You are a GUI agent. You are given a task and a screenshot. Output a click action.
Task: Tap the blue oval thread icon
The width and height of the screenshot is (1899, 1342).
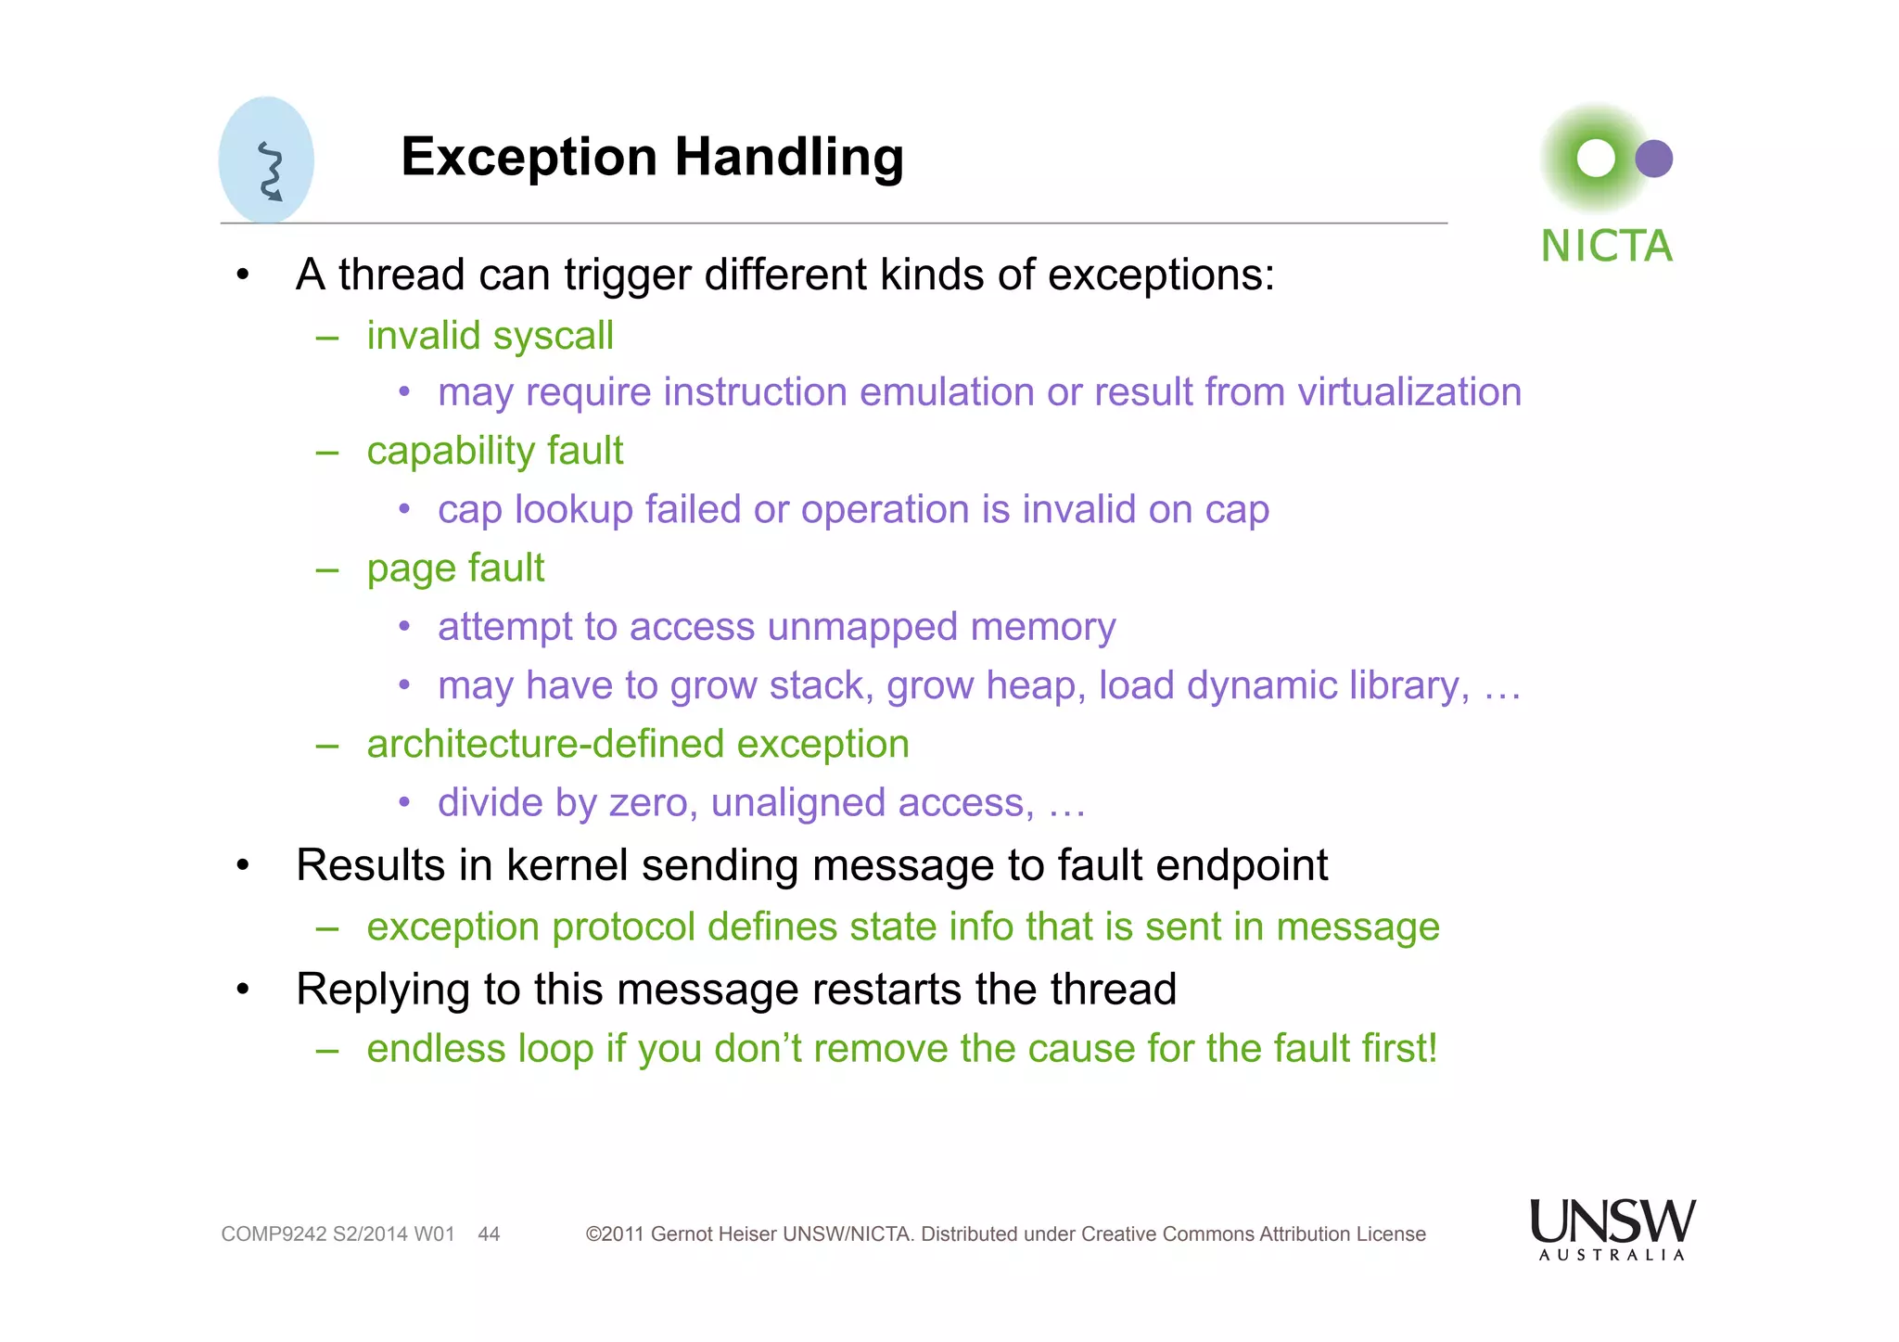pyautogui.click(x=266, y=160)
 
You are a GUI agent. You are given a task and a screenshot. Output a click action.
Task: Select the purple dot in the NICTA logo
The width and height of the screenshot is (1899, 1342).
pyautogui.click(x=1653, y=159)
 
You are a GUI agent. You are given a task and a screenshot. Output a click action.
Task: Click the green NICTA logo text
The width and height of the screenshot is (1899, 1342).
pyautogui.click(x=1606, y=247)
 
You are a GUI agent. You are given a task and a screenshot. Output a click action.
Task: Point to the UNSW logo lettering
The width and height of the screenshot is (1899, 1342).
pyautogui.click(x=1612, y=1222)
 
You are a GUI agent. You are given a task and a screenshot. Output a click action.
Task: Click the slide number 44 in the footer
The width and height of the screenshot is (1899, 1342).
pyautogui.click(x=489, y=1234)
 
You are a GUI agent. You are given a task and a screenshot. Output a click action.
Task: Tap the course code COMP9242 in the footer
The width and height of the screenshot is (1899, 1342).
pyautogui.click(x=274, y=1234)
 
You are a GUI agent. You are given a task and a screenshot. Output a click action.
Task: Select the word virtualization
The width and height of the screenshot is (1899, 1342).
pyautogui.click(x=1409, y=391)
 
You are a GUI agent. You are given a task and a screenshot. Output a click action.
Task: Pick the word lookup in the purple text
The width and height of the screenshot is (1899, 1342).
pyautogui.click(x=573, y=509)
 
